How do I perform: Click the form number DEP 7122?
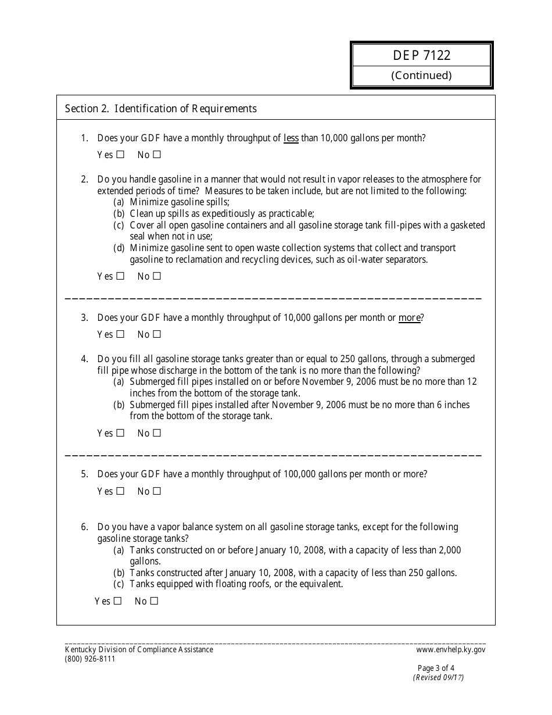pos(421,56)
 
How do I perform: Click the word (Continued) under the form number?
pos(421,76)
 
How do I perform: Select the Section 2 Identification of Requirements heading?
pos(160,109)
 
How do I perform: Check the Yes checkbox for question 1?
pos(120,155)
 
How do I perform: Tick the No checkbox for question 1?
pos(156,155)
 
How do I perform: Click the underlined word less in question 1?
pos(291,138)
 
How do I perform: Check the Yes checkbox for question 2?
pos(120,276)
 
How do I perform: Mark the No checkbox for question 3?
pos(156,334)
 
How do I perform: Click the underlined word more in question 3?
pos(409,318)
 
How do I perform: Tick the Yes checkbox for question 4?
pos(120,433)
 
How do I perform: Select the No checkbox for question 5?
pos(156,491)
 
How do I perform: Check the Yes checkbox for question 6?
pos(117,601)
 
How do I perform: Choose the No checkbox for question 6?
pos(154,601)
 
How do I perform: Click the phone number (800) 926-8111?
pos(90,659)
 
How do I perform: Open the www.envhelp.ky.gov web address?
pos(450,650)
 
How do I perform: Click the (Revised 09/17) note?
pos(438,677)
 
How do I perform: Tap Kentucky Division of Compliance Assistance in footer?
pos(139,650)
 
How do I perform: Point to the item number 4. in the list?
pos(84,359)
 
